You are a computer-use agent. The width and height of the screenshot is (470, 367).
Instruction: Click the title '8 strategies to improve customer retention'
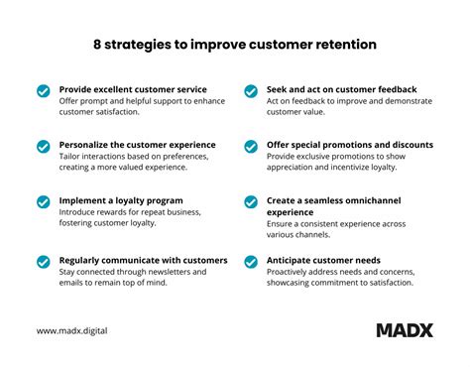(235, 46)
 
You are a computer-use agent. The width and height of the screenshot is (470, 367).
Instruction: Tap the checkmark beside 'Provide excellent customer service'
(43, 91)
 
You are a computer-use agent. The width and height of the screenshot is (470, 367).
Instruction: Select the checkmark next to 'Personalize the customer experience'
(43, 147)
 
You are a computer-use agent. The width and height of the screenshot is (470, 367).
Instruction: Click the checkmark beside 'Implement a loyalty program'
(43, 202)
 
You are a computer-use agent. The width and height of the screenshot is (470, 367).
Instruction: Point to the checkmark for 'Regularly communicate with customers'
(43, 263)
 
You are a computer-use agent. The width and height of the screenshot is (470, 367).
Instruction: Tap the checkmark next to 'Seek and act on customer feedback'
(252, 91)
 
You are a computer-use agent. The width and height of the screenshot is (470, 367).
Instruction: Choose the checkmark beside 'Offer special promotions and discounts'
(252, 147)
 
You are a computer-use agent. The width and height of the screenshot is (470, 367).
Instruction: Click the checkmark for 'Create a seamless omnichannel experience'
(252, 202)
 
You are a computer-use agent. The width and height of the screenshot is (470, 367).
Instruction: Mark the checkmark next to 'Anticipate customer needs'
(252, 263)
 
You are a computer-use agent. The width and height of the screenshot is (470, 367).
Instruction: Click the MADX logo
(404, 330)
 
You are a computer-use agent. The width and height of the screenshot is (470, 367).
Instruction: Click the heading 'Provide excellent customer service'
(132, 89)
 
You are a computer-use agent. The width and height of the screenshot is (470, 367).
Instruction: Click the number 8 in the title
(97, 46)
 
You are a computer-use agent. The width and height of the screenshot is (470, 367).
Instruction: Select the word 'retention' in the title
(346, 46)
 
